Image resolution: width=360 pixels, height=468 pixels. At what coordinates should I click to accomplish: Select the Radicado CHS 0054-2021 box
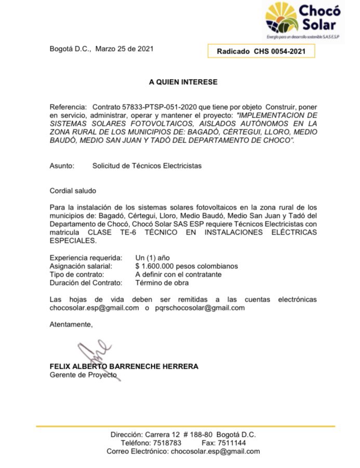[x=261, y=51]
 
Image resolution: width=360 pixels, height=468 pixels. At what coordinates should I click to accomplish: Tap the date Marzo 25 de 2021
[x=124, y=49]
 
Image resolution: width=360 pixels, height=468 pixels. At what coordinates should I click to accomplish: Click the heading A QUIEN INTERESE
[x=183, y=82]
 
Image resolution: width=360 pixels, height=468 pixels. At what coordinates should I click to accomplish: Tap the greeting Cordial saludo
[x=73, y=191]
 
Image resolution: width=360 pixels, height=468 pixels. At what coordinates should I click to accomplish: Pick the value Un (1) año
[x=152, y=258]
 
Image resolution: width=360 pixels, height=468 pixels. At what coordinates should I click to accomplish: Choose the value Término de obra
[x=162, y=283]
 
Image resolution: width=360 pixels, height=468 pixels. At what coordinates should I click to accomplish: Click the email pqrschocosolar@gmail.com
[x=201, y=308]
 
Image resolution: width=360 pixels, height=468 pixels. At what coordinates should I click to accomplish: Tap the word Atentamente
[x=71, y=324]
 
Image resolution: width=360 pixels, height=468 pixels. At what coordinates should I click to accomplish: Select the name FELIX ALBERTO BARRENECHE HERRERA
[x=124, y=367]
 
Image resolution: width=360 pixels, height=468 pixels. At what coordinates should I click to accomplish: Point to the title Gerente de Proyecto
[x=83, y=375]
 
